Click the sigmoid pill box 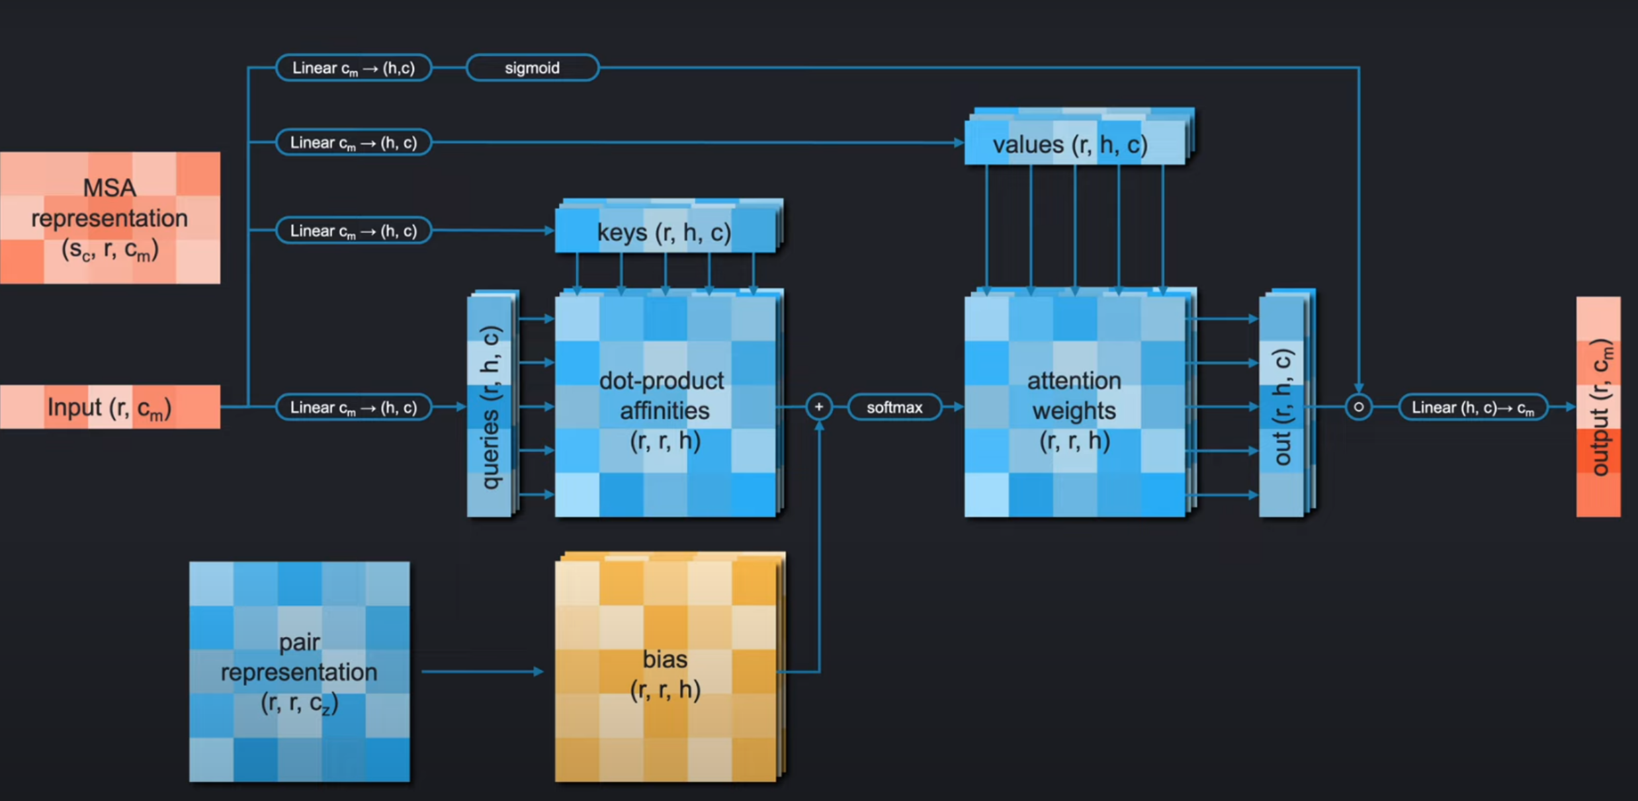tap(532, 68)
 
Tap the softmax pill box tap(894, 407)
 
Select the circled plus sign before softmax tap(819, 407)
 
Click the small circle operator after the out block tap(1358, 407)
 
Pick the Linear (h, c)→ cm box tap(1473, 407)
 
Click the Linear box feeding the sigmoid tap(353, 68)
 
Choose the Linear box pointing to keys tap(353, 231)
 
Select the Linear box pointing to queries tap(353, 407)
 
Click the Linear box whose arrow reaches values tap(353, 143)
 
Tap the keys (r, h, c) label tap(664, 232)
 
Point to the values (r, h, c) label tap(1070, 144)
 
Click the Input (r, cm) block tap(110, 407)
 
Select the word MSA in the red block tap(110, 188)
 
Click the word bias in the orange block tap(665, 659)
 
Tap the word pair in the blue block tap(299, 642)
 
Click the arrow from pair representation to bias tap(482, 672)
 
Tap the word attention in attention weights tap(1074, 381)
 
